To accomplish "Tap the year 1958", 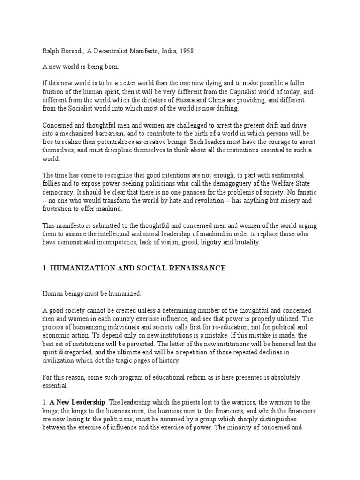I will click(x=184, y=51).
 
